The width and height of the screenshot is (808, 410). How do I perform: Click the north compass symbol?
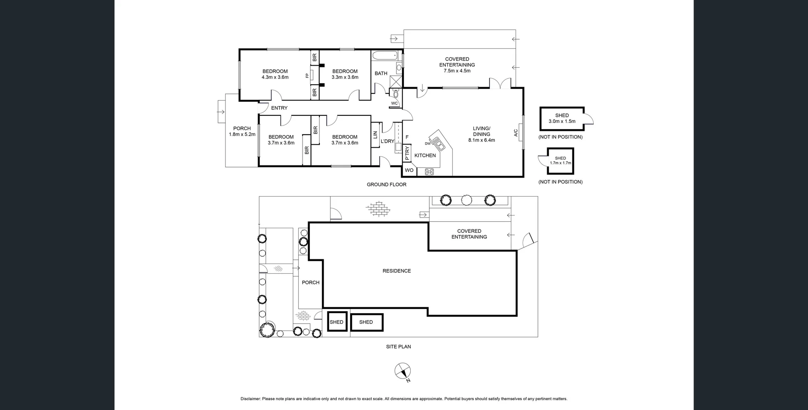tap(403, 371)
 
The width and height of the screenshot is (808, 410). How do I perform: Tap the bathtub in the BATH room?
tap(385, 55)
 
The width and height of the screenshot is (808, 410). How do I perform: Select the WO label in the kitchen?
tap(409, 170)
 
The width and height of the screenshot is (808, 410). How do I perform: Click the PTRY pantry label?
tap(407, 153)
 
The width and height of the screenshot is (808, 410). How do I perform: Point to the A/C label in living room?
tap(516, 133)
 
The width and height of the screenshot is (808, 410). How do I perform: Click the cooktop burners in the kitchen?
tap(429, 171)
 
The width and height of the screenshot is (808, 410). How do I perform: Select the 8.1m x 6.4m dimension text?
tap(481, 140)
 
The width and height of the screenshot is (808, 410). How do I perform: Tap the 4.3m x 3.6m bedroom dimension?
tap(275, 77)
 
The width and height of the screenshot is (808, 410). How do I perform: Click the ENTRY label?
tap(279, 108)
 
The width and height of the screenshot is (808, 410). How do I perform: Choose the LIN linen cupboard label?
tap(375, 135)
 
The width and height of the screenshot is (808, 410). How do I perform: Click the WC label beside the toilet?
tap(394, 104)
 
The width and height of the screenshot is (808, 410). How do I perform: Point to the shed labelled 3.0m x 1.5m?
tap(562, 118)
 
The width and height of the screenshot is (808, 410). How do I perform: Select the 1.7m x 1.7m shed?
tap(560, 161)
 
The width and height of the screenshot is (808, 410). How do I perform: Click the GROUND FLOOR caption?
tap(386, 184)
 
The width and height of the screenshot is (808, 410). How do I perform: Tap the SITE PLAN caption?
tap(398, 346)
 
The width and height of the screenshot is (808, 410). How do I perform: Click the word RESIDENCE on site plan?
tap(396, 271)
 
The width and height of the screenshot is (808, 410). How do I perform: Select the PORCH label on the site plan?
tap(311, 282)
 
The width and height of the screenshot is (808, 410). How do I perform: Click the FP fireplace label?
tap(307, 76)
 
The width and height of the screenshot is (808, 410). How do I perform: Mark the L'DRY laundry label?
tap(387, 141)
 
